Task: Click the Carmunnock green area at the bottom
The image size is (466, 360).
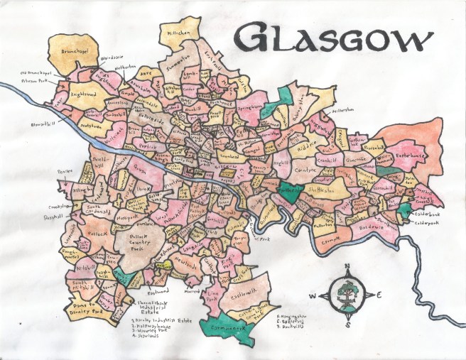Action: [x=227, y=329]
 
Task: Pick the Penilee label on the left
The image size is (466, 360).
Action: [x=65, y=171]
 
